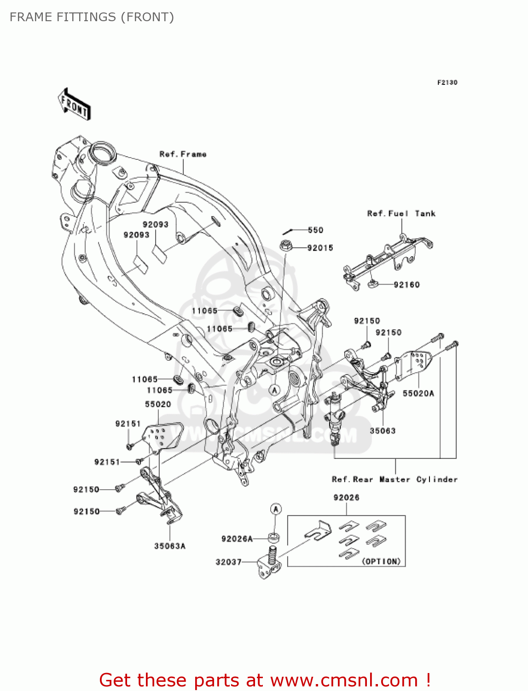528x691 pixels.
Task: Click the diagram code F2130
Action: [447, 82]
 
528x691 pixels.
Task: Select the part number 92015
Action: [320, 248]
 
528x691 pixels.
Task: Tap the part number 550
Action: [315, 230]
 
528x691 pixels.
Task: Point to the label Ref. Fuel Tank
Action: [401, 213]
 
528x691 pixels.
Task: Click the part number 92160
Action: [406, 285]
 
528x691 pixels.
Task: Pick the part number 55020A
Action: [418, 393]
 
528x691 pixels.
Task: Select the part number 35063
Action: [383, 431]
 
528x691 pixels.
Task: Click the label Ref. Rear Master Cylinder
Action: [395, 480]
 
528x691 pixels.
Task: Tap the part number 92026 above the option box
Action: [346, 498]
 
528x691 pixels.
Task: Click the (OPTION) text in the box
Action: [381, 561]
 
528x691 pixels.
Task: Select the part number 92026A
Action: [237, 539]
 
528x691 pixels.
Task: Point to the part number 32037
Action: [228, 562]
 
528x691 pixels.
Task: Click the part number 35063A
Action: [169, 546]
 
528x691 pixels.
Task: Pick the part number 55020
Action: [158, 404]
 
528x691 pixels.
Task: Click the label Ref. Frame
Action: [183, 154]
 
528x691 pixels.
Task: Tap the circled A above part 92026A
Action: [275, 509]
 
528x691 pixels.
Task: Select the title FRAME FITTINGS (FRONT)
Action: [92, 17]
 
